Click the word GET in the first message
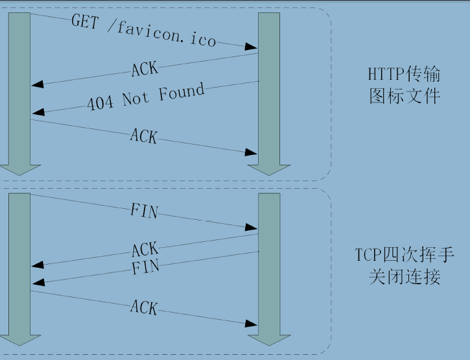click(84, 22)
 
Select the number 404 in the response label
click(100, 102)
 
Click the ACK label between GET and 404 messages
click(145, 68)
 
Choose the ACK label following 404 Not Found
click(143, 136)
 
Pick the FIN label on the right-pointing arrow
click(144, 211)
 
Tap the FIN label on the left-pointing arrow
click(145, 267)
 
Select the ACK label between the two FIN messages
click(145, 250)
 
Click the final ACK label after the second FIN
click(143, 307)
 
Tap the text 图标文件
click(405, 97)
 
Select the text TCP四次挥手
click(405, 254)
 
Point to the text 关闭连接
click(405, 277)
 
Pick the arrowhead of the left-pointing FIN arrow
click(36, 282)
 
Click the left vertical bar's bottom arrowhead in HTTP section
click(19, 168)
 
